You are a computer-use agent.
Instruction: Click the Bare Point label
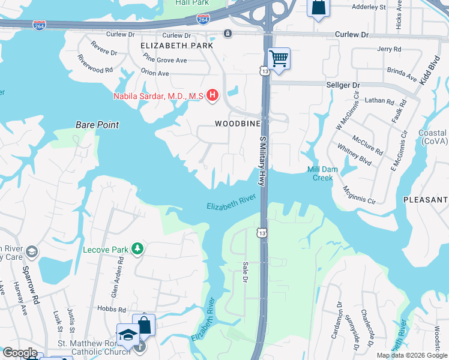point(97,125)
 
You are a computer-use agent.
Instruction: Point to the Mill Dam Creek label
point(322,174)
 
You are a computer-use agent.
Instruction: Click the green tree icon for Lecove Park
point(138,248)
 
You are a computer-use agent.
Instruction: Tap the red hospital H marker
point(212,95)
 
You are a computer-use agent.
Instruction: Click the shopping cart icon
point(279,59)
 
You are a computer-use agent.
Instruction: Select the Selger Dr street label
point(342,86)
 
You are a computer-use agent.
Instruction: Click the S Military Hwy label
point(262,161)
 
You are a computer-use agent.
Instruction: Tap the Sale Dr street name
point(245,272)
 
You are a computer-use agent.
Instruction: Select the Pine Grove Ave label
point(165,60)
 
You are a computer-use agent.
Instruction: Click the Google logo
point(19,353)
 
